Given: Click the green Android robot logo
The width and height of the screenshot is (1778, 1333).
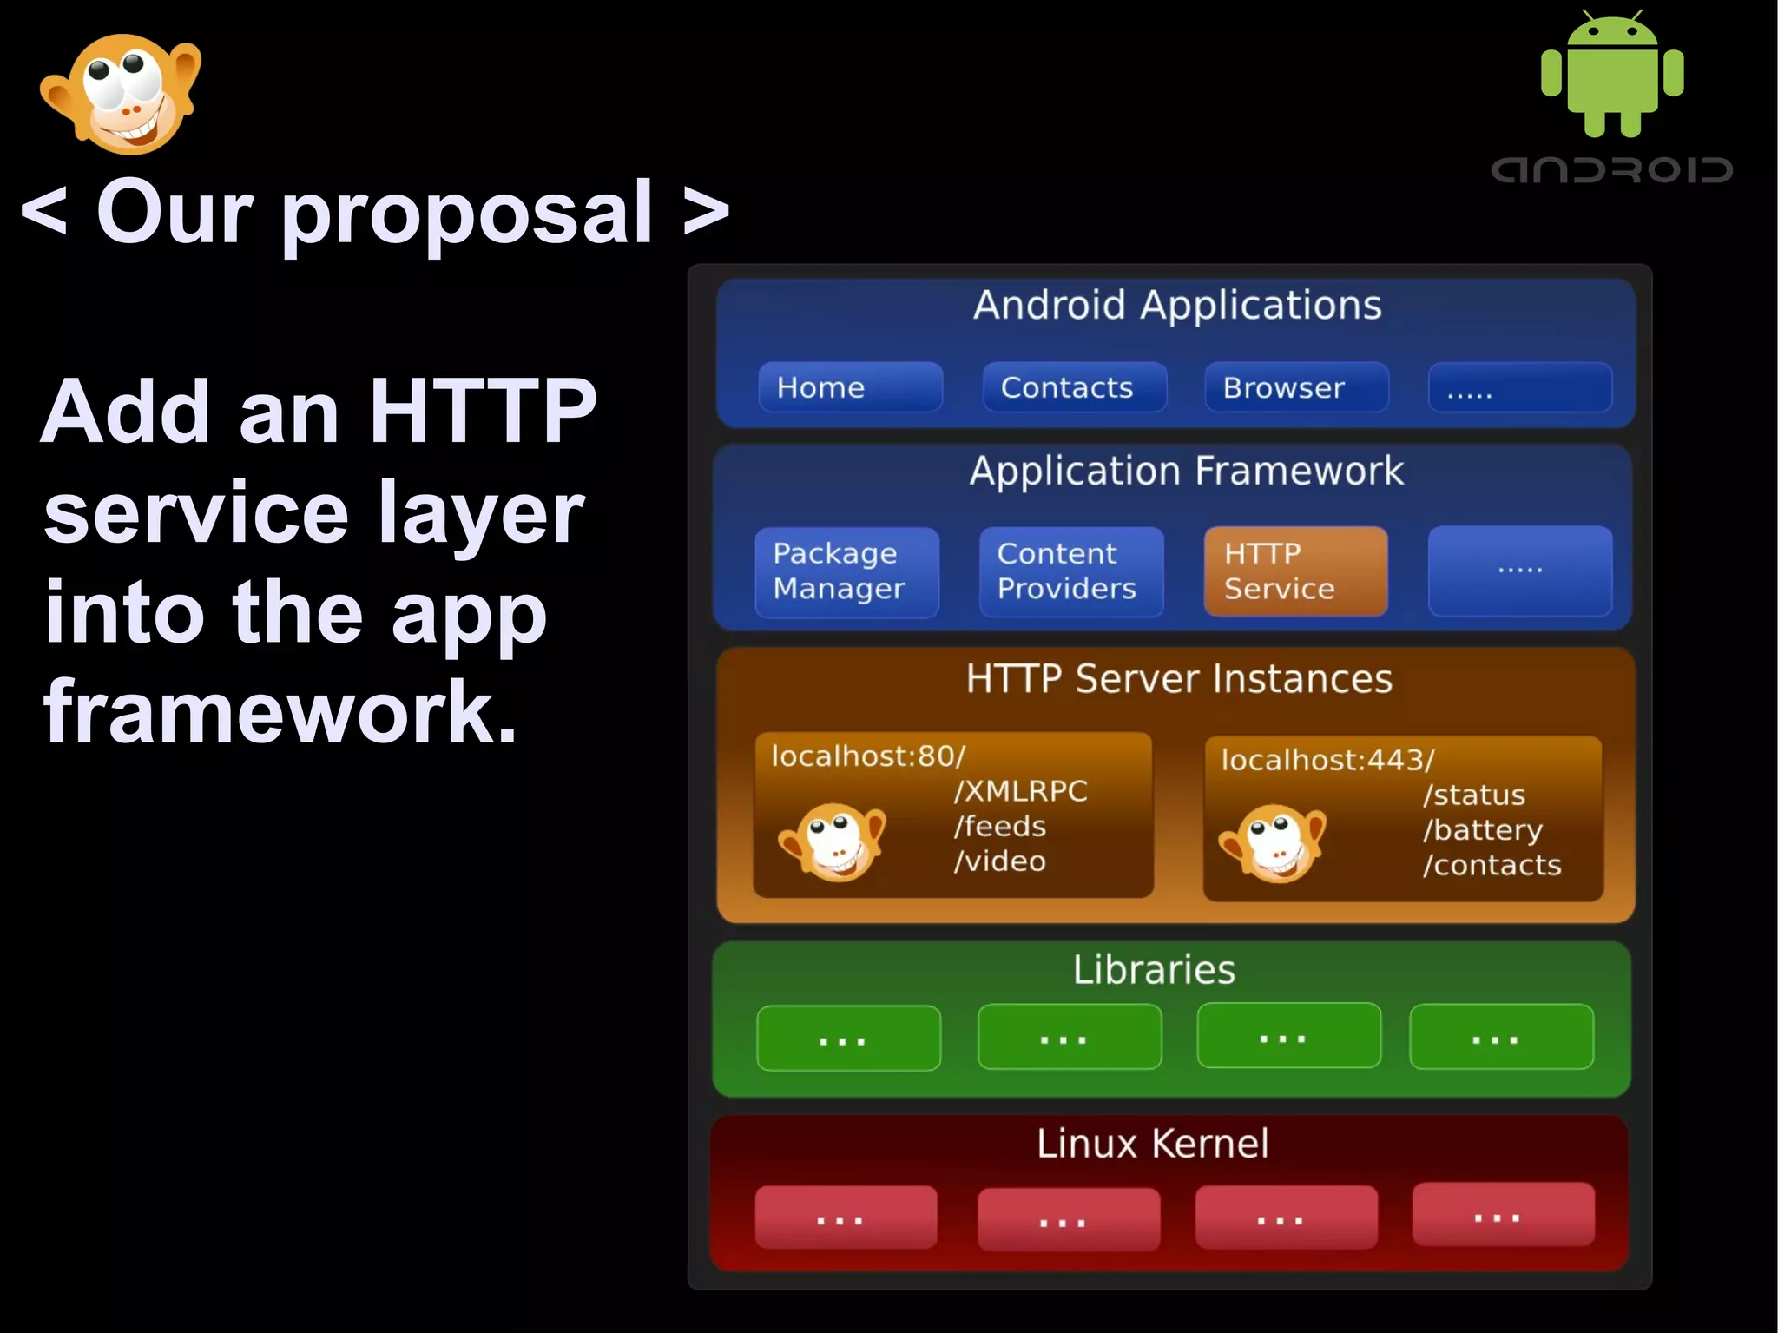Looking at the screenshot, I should tap(1612, 76).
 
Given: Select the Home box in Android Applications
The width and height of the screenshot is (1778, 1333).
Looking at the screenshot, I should tap(850, 387).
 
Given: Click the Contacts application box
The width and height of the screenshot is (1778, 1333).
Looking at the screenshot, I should tap(1074, 387).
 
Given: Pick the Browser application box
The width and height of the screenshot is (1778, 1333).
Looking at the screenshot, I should tap(1296, 387).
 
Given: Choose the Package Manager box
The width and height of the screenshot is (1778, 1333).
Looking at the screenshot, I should tap(846, 571).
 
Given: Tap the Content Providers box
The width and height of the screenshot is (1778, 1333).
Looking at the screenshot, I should tap(1070, 571).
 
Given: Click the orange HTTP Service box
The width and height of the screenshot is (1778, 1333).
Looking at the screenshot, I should tap(1295, 571).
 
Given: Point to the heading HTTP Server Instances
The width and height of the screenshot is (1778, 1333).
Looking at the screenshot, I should tap(1179, 679).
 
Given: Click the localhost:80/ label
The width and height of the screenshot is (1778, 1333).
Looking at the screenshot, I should tap(868, 756).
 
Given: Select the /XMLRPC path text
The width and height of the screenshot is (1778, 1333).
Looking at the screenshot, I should tap(1020, 791).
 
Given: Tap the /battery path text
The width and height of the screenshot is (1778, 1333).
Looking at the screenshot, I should tap(1483, 830).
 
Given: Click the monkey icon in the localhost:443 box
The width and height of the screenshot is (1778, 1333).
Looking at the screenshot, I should tap(1274, 842).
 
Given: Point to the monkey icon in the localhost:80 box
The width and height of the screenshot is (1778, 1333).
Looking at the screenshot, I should tap(833, 841).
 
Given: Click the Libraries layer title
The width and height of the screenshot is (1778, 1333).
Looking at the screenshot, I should tap(1154, 970).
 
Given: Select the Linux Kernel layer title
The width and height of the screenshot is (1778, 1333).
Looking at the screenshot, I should tap(1153, 1144).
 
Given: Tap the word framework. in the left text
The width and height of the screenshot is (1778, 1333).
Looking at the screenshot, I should tap(280, 712).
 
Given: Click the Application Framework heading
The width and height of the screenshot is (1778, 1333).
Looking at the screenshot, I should tap(1186, 472).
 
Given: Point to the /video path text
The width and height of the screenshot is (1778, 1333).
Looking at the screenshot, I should tap(999, 861).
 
